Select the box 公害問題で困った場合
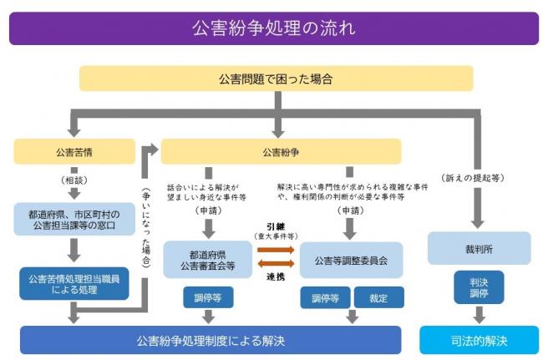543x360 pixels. click(x=276, y=79)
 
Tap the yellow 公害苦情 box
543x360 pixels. click(x=74, y=152)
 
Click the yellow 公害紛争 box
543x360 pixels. click(x=281, y=152)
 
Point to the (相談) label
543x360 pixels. click(x=74, y=180)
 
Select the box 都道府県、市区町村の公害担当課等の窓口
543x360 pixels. click(x=74, y=221)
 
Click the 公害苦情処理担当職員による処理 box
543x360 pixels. click(x=74, y=284)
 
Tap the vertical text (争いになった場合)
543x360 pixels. click(x=146, y=226)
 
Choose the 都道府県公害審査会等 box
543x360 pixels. click(x=207, y=260)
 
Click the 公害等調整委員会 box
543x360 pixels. click(x=350, y=260)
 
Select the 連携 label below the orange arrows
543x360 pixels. click(x=276, y=276)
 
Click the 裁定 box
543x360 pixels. click(x=378, y=297)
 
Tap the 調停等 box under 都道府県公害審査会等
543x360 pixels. click(x=207, y=297)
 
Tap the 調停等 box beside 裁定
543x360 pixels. click(x=324, y=297)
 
